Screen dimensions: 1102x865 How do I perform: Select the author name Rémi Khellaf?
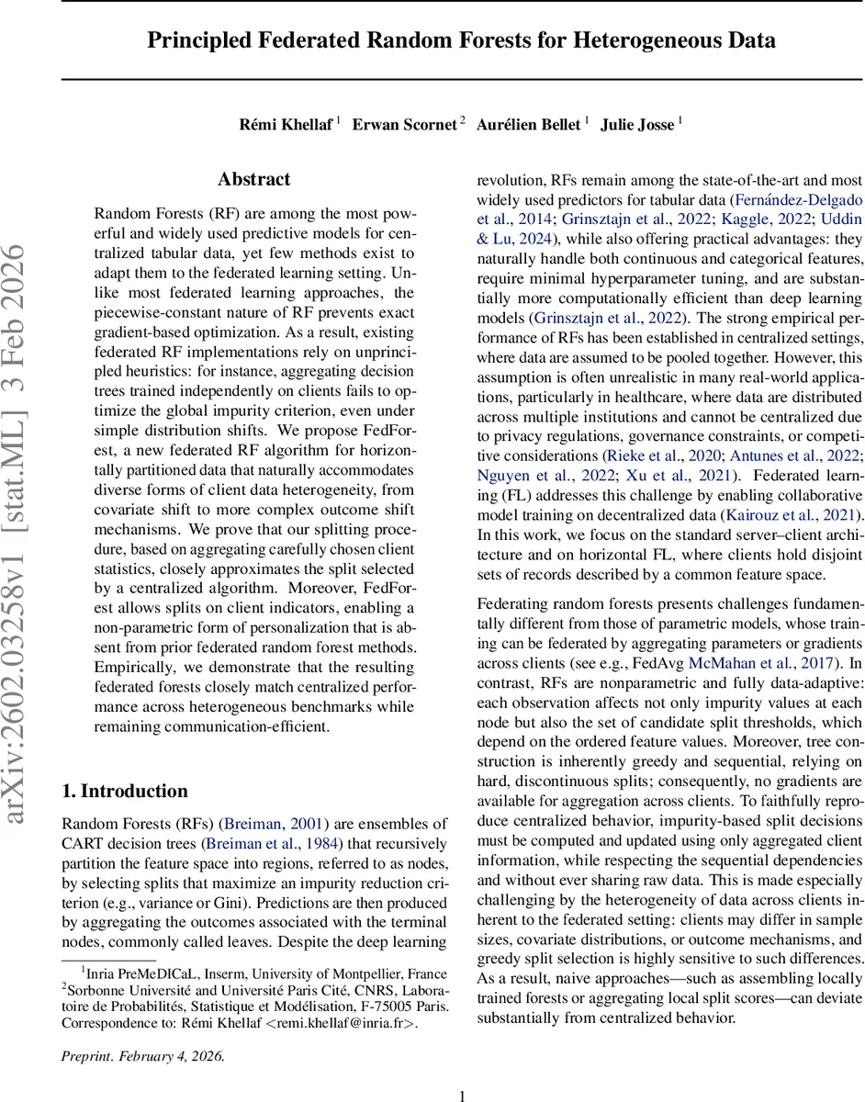286,124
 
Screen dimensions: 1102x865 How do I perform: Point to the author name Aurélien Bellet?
528,124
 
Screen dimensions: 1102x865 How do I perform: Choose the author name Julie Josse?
637,124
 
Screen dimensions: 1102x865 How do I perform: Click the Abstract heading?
254,179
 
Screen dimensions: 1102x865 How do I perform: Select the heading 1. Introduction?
124,791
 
